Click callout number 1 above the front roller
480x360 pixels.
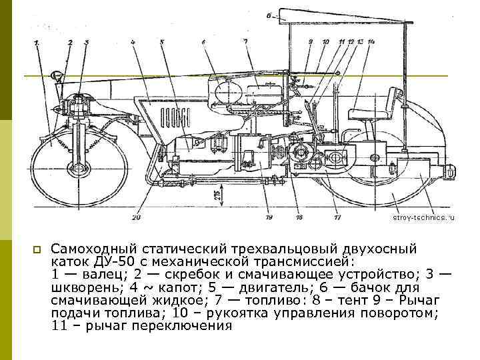(x=37, y=43)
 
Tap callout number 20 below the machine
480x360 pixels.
(x=137, y=217)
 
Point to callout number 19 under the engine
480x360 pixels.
(x=268, y=217)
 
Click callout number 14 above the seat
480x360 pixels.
(x=371, y=42)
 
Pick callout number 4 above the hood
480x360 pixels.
(x=133, y=42)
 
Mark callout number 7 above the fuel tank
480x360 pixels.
(x=245, y=41)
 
